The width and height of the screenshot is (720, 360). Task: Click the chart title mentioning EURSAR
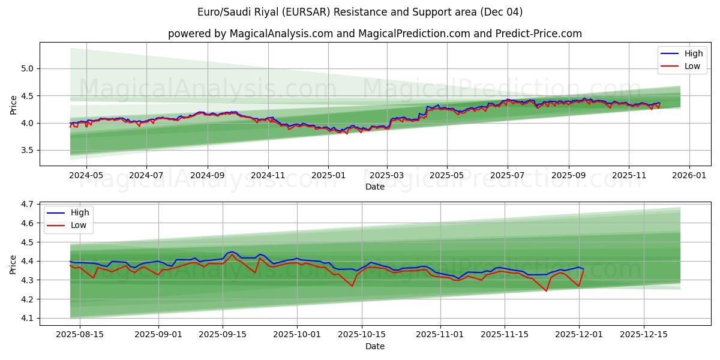point(360,12)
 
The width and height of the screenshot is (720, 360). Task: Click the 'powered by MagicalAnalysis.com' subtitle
point(374,34)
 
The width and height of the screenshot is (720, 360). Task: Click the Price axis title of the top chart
point(13,104)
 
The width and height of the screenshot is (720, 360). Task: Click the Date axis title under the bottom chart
point(374,346)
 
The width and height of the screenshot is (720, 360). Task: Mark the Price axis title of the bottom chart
point(13,264)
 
